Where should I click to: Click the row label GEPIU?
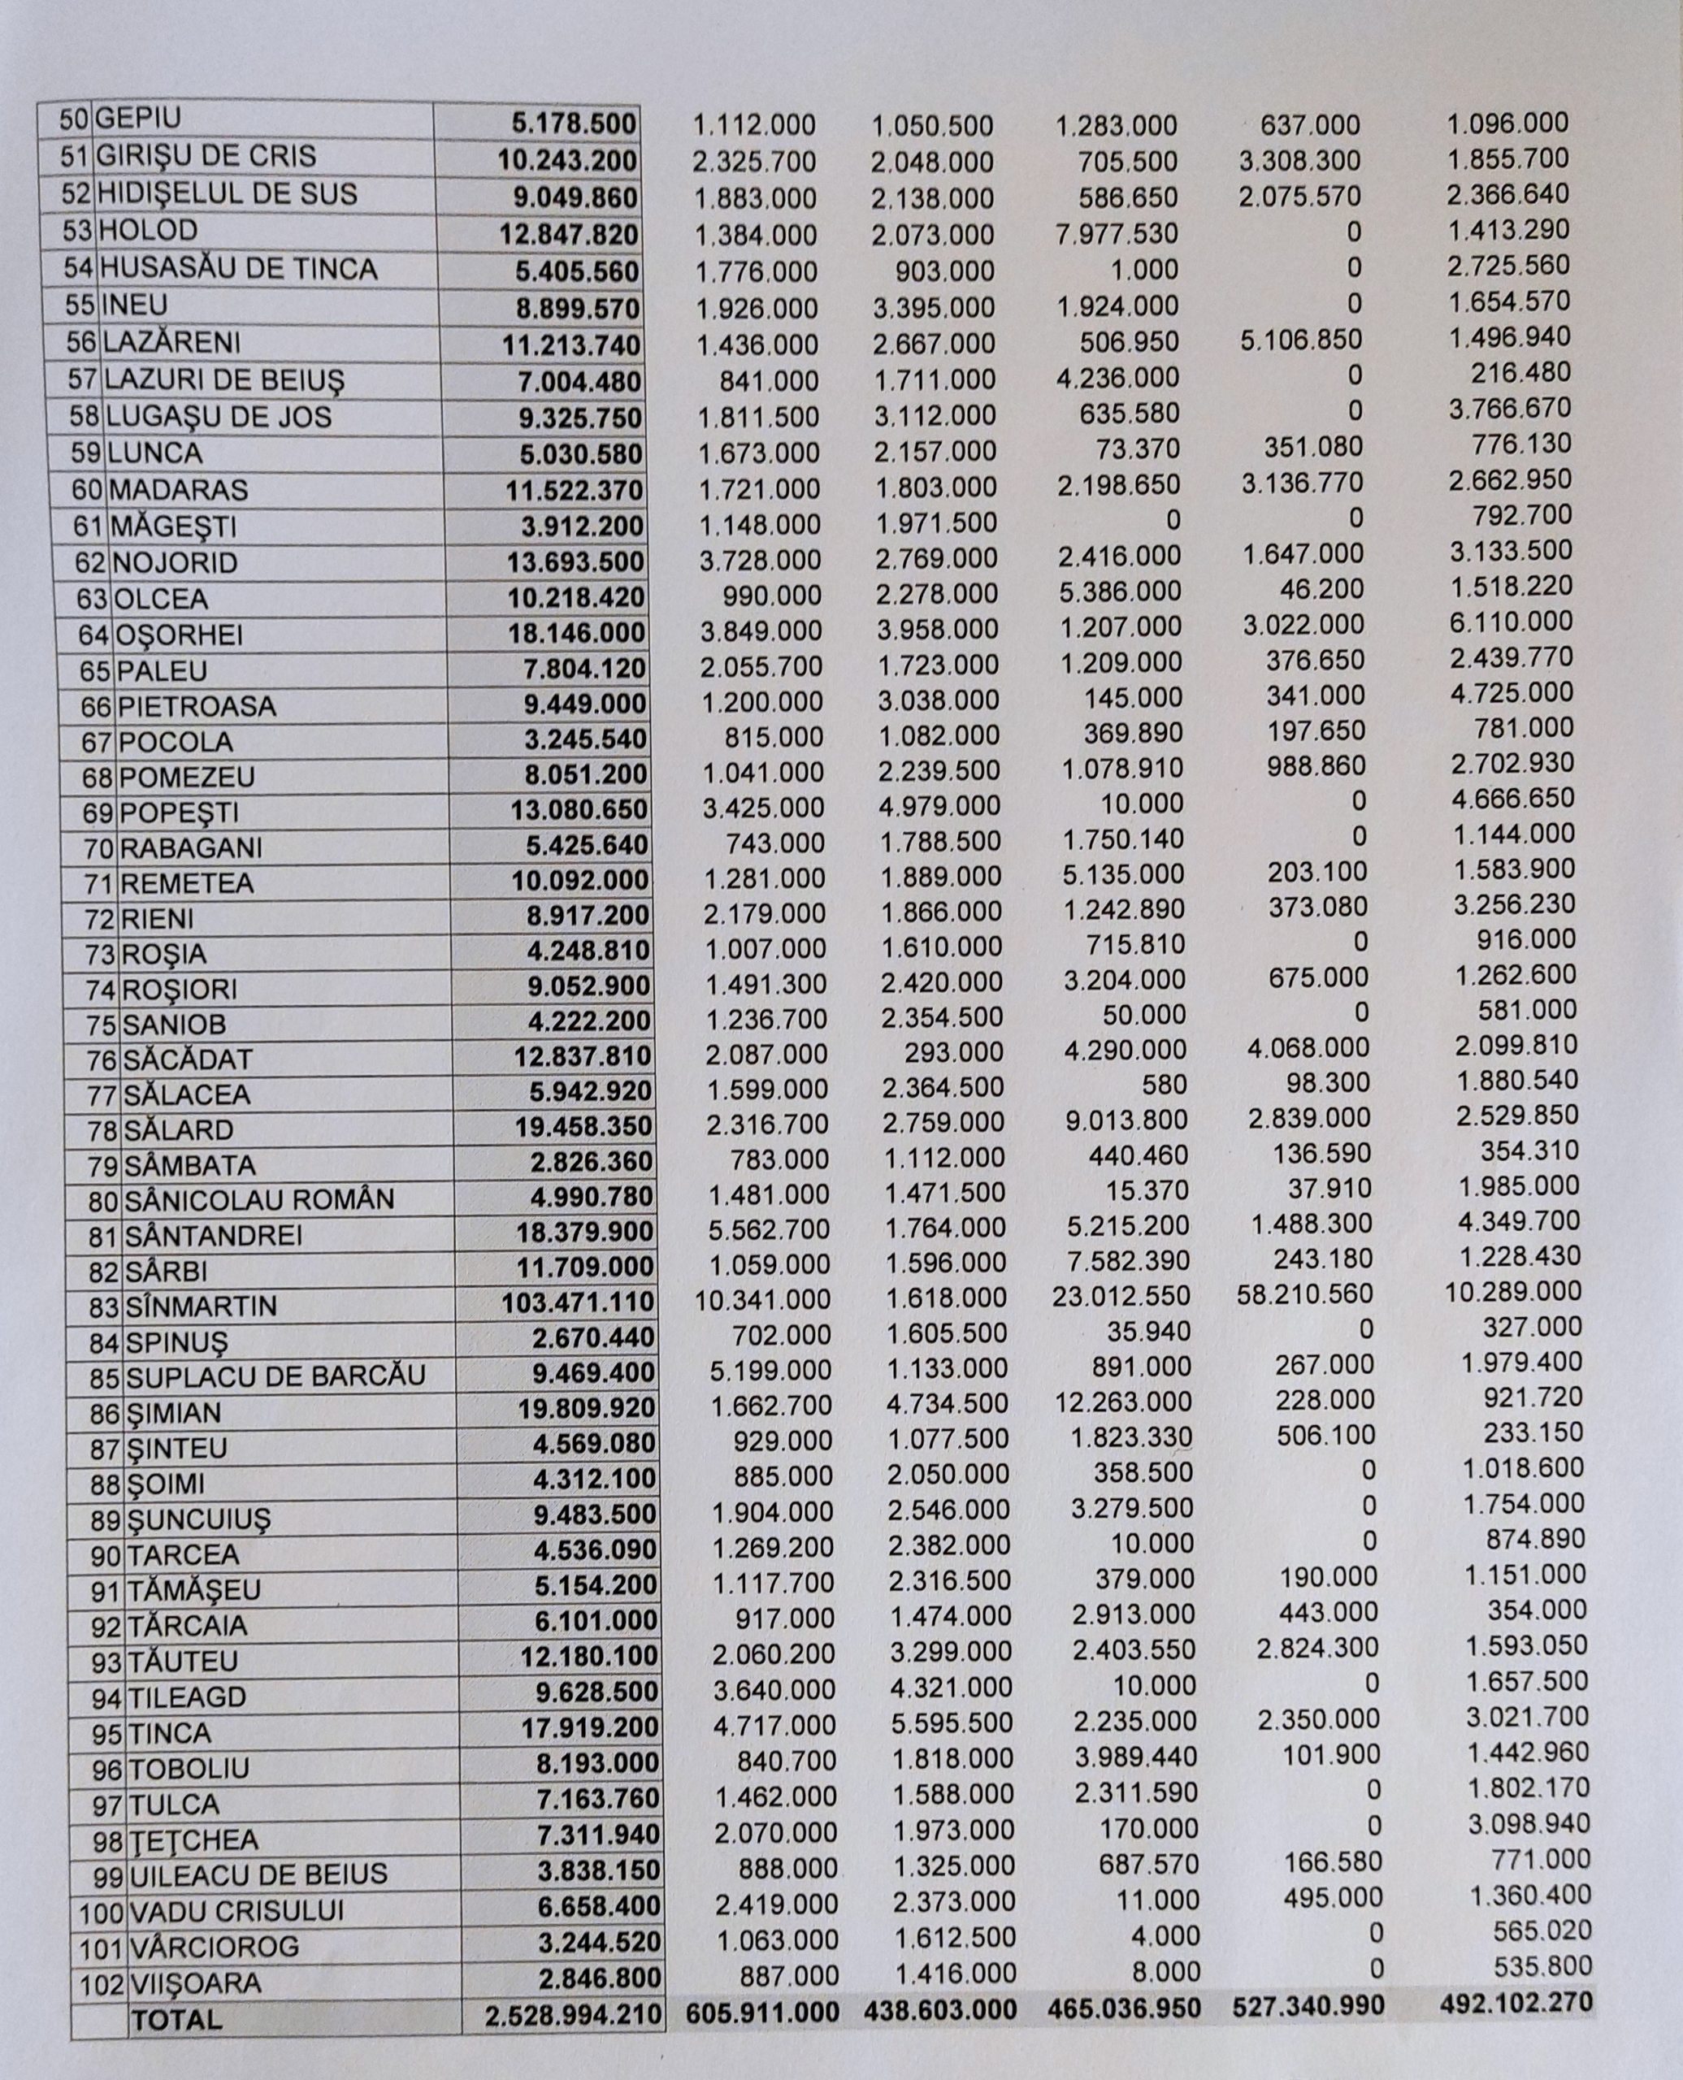click(x=140, y=119)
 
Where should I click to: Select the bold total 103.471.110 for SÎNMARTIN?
click(x=578, y=1302)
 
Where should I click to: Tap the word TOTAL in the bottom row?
click(x=177, y=2019)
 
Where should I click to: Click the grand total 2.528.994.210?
click(x=574, y=2015)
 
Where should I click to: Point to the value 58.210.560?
click(x=1307, y=1294)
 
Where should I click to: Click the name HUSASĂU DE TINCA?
click(x=237, y=267)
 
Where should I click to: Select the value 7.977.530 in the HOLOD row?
click(x=1117, y=233)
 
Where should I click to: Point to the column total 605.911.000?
click(x=762, y=2011)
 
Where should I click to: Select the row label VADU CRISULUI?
click(x=236, y=1911)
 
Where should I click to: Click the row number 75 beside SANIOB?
click(x=104, y=1025)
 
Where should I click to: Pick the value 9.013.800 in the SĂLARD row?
click(x=1126, y=1120)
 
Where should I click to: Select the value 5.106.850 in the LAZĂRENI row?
click(x=1301, y=340)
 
